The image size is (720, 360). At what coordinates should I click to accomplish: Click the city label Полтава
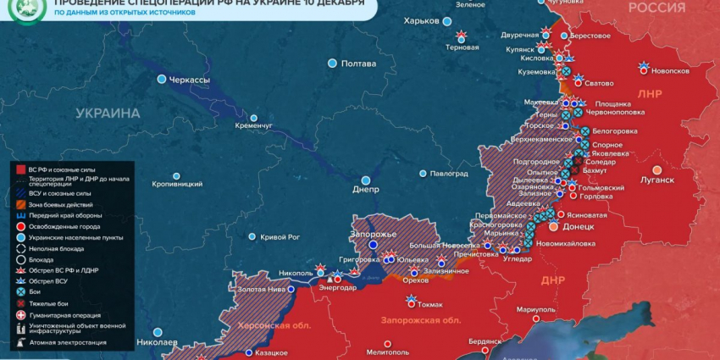pos(358,64)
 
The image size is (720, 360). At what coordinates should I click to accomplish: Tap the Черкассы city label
pos(190,80)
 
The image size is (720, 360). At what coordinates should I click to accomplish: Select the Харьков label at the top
pos(422,20)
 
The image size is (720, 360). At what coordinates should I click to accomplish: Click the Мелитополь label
pos(389,352)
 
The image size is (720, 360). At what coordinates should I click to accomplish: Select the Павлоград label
pos(449,174)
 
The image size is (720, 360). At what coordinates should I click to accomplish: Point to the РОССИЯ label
pos(656,8)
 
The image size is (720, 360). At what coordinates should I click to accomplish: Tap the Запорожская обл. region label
pos(420,321)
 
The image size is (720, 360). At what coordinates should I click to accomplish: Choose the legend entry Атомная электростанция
pos(67,342)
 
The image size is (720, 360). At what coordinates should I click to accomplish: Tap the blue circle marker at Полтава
pos(332,64)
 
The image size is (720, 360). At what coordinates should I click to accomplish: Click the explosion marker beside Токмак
pos(412,299)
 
